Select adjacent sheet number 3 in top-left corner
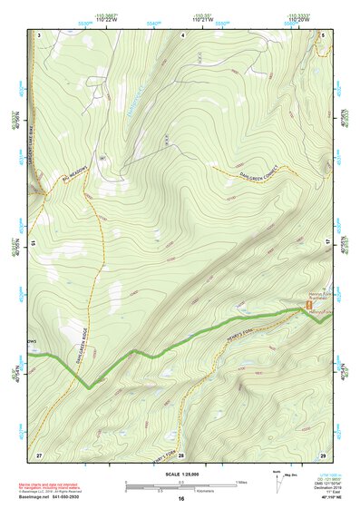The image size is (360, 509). pyautogui.click(x=39, y=34)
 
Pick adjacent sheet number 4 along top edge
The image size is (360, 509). pyautogui.click(x=181, y=34)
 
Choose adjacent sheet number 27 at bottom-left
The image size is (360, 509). pyautogui.click(x=39, y=454)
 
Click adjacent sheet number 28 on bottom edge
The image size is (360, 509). pyautogui.click(x=180, y=454)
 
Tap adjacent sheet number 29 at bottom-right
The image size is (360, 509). pyautogui.click(x=322, y=454)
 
